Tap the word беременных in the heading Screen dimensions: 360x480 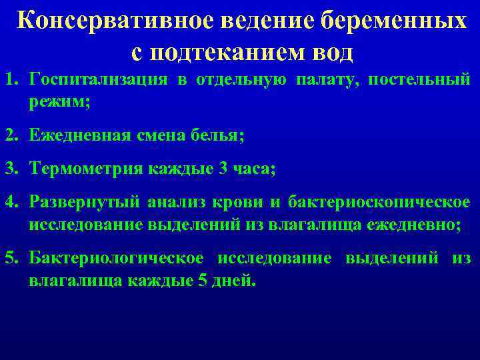(393, 20)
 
